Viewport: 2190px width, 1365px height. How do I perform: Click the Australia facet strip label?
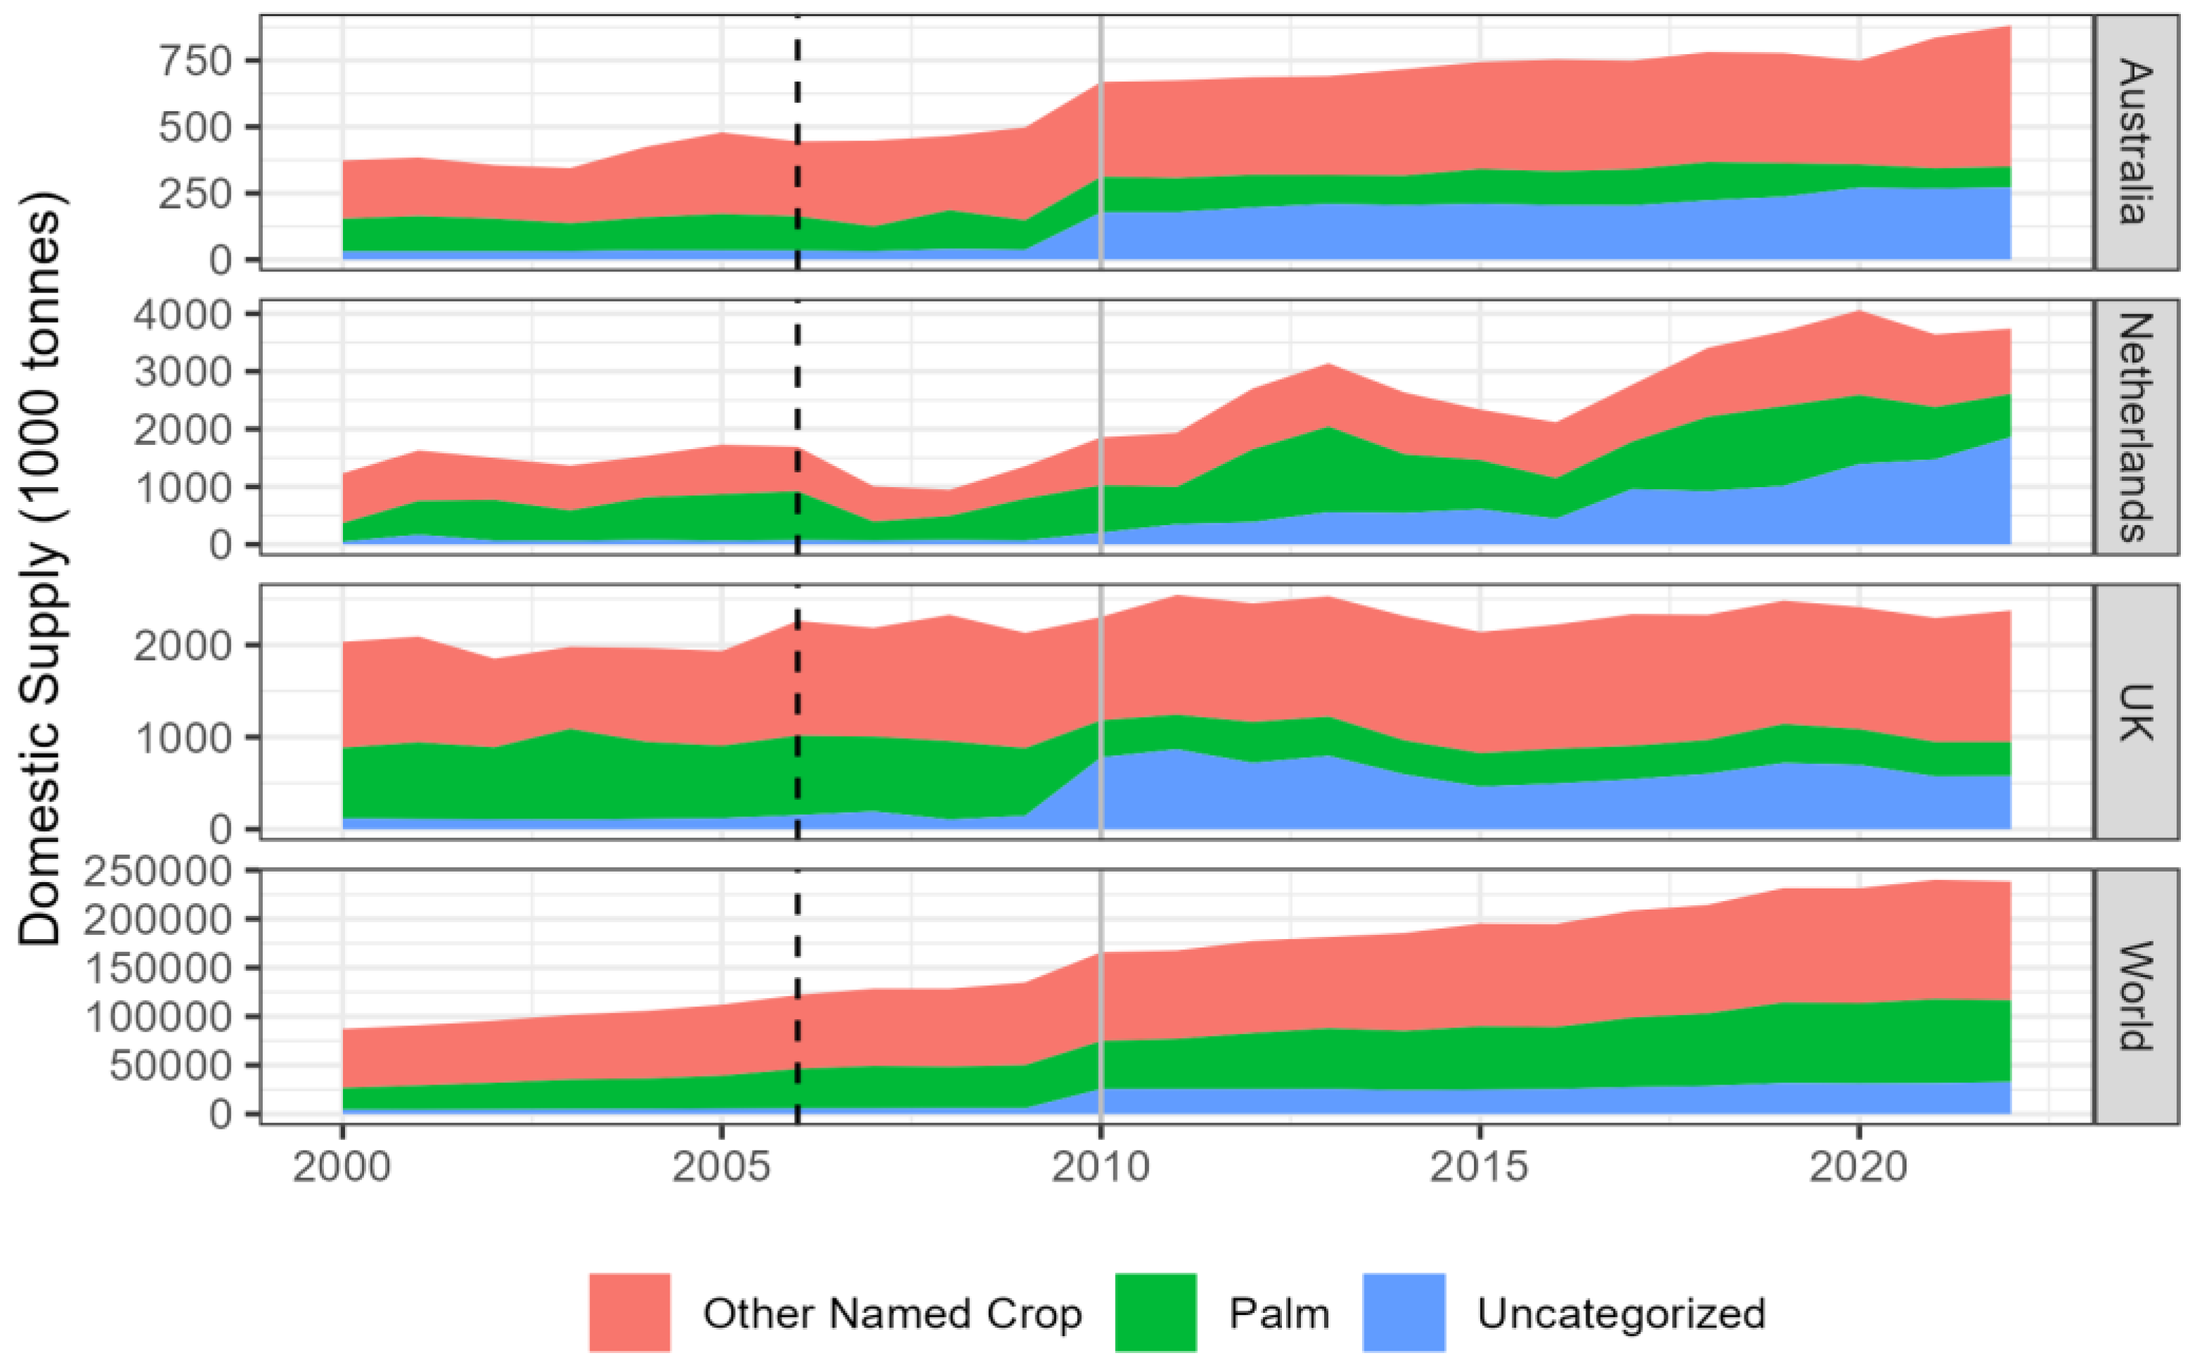[x=2136, y=142]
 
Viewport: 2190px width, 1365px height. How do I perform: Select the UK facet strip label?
[x=2136, y=711]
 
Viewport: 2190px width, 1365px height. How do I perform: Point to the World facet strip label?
[x=2136, y=996]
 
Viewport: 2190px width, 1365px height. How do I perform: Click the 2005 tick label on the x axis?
[x=720, y=1168]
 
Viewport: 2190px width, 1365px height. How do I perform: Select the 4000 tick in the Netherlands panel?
[x=183, y=314]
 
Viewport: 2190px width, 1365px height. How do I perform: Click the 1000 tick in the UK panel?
[x=183, y=737]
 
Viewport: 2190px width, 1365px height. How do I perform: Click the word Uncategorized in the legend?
[x=1621, y=1314]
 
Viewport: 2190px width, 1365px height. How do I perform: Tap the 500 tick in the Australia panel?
[x=196, y=127]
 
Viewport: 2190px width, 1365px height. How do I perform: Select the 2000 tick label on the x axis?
[x=342, y=1168]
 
